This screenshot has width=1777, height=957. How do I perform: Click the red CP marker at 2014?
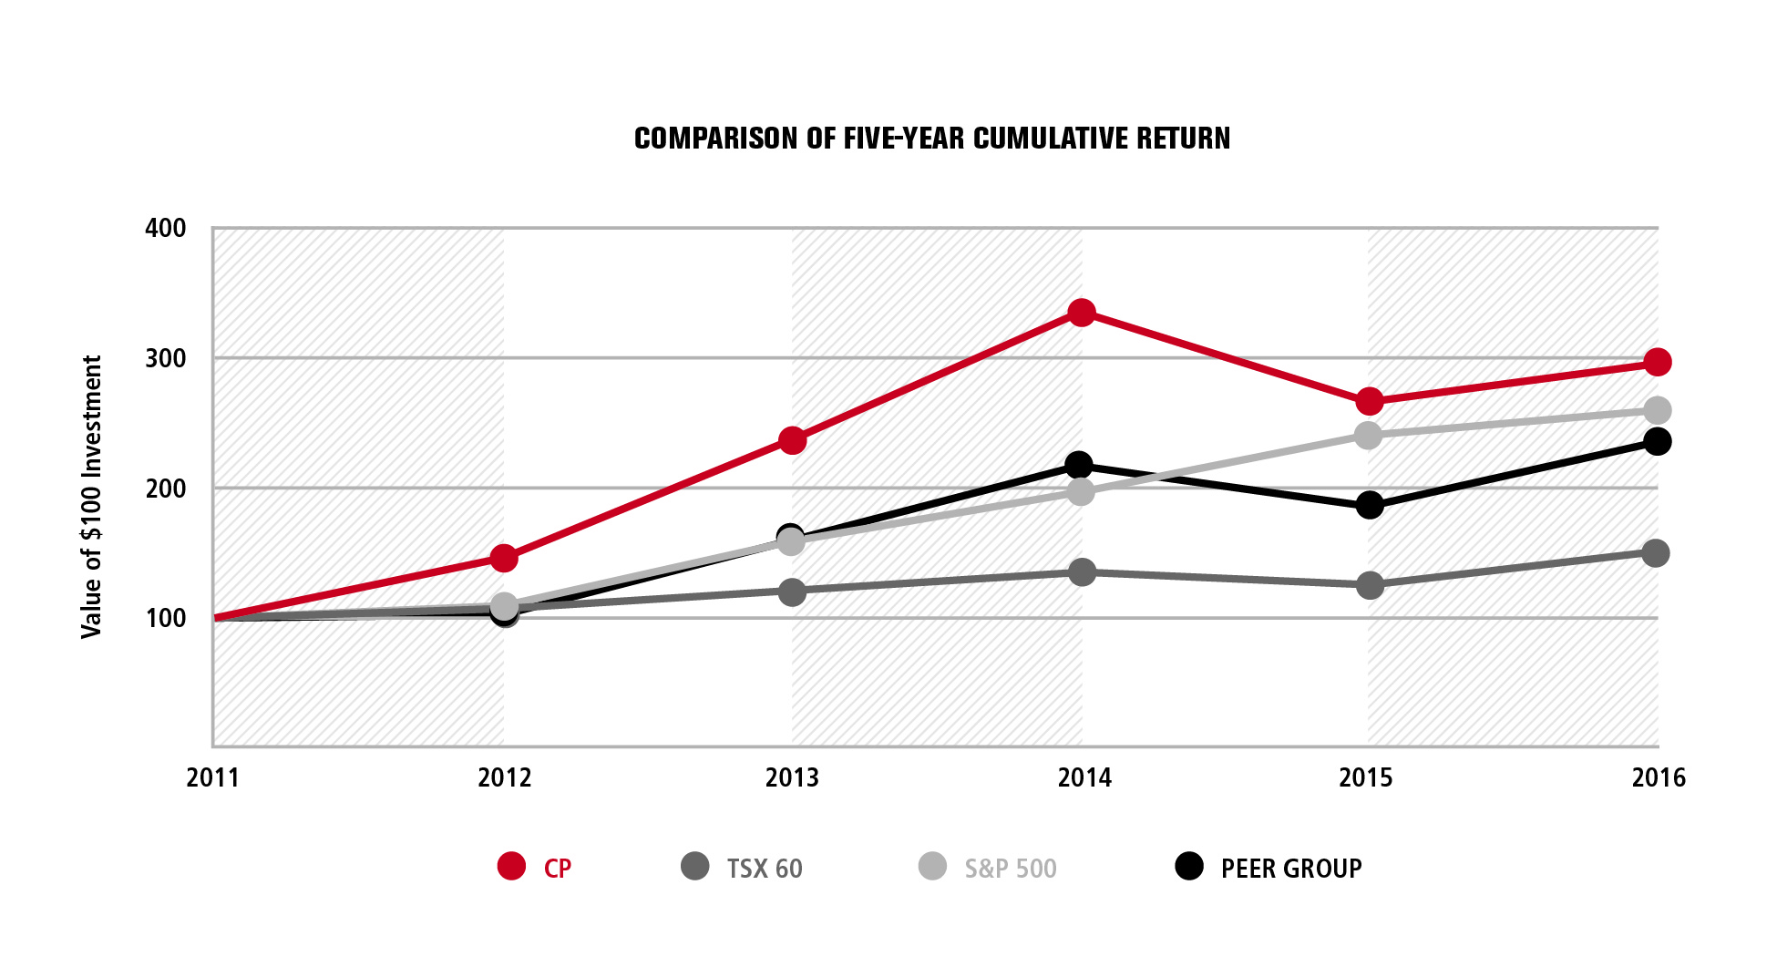coord(1081,314)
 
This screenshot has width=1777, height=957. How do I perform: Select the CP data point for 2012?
coord(504,558)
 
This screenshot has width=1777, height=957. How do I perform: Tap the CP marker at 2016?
coord(1657,362)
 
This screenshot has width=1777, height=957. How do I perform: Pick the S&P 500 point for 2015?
coord(1368,435)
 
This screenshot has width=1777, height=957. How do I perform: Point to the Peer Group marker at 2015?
coord(1369,505)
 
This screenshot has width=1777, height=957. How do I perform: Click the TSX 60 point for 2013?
coord(792,592)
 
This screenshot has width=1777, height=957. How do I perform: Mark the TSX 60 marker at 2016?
coord(1656,552)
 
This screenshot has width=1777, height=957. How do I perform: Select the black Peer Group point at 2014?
coord(1079,466)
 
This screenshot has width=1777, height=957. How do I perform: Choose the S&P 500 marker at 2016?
coord(1658,410)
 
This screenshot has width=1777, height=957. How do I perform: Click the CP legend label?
coord(557,869)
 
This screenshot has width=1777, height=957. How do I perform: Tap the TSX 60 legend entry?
coord(764,869)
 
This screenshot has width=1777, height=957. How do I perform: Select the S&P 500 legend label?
coord(1010,869)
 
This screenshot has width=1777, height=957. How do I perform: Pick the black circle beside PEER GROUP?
coord(1189,866)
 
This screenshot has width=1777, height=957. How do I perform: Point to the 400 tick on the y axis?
coord(166,228)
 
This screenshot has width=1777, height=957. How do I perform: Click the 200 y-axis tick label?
coord(166,489)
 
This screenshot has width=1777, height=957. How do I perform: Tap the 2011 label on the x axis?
coord(212,777)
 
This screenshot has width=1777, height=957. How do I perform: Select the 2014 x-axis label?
coord(1084,777)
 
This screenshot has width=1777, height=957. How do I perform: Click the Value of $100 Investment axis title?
coord(91,497)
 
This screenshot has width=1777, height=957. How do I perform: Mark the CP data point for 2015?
coord(1369,401)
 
